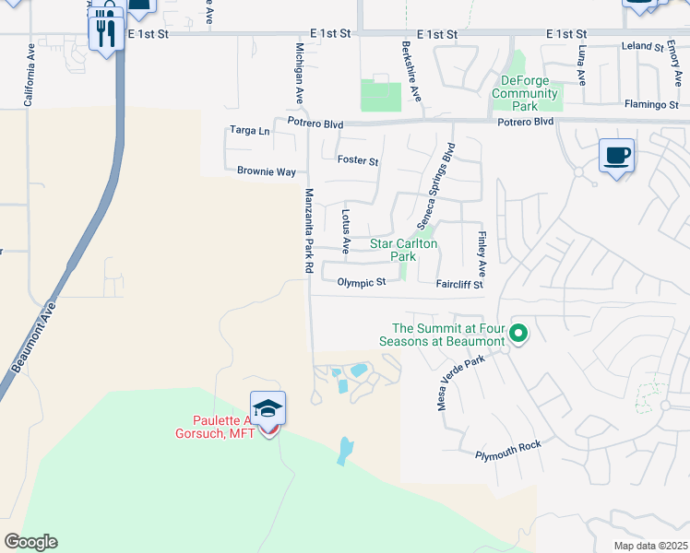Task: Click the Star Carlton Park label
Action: coord(403,250)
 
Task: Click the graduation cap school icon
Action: coord(268,407)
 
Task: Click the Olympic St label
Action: coord(361,283)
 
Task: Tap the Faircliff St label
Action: coord(459,284)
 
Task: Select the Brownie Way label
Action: coord(267,171)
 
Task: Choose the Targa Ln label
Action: coord(249,131)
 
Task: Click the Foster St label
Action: coord(358,160)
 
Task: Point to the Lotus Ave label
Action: coord(346,231)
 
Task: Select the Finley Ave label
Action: coord(482,245)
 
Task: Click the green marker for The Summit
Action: coord(518,334)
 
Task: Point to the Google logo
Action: coord(30,542)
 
